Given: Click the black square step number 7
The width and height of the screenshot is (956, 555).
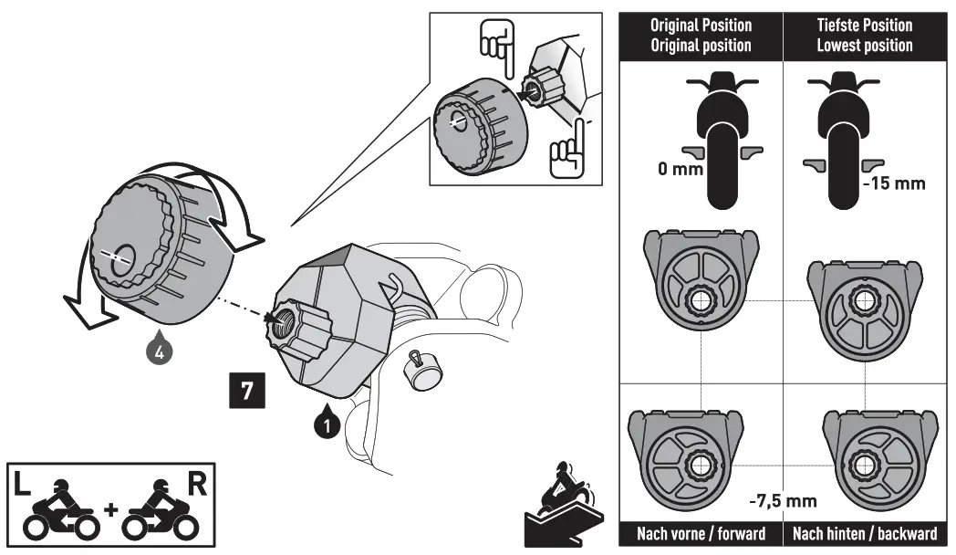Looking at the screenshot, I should coord(246,390).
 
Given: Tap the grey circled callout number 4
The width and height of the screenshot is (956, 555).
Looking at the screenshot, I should coord(161,351).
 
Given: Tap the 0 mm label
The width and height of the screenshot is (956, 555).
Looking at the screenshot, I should coord(679,170).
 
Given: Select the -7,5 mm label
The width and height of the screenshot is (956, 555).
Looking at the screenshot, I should coord(783,500).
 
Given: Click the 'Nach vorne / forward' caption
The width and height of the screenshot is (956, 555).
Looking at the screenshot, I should coord(701,533).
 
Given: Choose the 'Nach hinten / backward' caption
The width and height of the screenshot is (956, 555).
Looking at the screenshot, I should coord(865,533).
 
